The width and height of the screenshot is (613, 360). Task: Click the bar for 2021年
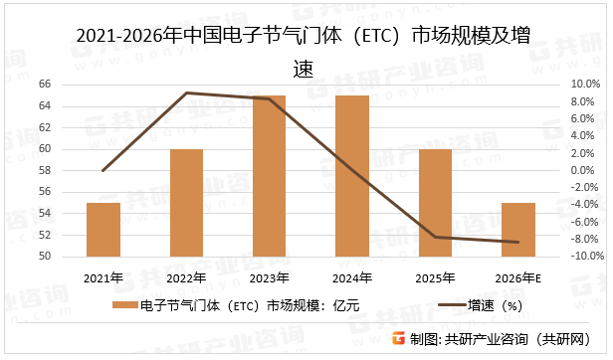pyautogui.click(x=103, y=230)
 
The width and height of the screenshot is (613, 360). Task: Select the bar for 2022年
pyautogui.click(x=186, y=203)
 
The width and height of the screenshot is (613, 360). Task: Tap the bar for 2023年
pyautogui.click(x=269, y=176)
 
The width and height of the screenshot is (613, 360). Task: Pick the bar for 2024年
pyautogui.click(x=352, y=176)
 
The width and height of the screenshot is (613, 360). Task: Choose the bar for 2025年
pyautogui.click(x=435, y=203)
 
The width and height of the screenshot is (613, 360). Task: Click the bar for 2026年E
pyautogui.click(x=517, y=230)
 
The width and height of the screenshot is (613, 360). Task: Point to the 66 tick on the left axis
pyautogui.click(x=45, y=85)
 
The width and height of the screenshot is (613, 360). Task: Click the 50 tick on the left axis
pyautogui.click(x=45, y=257)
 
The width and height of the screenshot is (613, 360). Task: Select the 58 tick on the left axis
pyautogui.click(x=45, y=171)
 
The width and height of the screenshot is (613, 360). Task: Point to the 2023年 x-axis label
pyautogui.click(x=269, y=277)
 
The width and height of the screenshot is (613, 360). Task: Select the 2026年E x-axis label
pyautogui.click(x=517, y=277)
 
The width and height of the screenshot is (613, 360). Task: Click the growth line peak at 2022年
pyautogui.click(x=186, y=92)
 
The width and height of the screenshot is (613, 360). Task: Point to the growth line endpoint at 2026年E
pyautogui.click(x=517, y=242)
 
